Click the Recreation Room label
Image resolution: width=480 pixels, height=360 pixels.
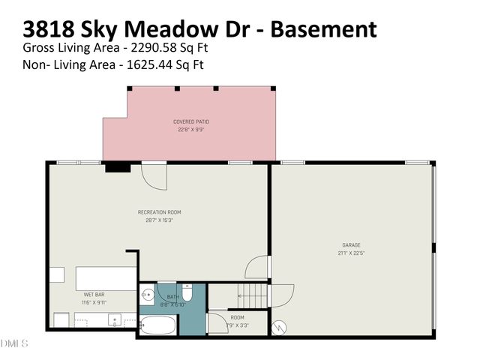click(x=159, y=212)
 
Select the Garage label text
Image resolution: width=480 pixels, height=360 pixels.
click(x=352, y=245)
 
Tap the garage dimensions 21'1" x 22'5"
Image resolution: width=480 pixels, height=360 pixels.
click(x=352, y=253)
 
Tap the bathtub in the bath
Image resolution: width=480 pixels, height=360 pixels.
click(x=158, y=325)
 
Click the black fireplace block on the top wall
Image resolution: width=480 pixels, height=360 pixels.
click(x=117, y=168)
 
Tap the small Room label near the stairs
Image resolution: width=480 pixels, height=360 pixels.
click(x=237, y=317)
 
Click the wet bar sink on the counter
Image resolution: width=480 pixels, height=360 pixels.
click(x=115, y=320)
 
